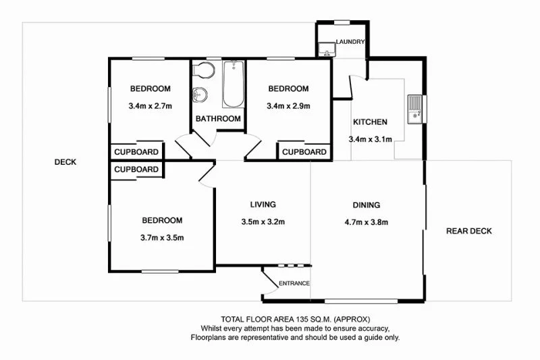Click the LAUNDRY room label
pyautogui.click(x=350, y=42)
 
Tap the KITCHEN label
pyautogui.click(x=370, y=122)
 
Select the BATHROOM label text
pyautogui.click(x=218, y=119)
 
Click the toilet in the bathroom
pyautogui.click(x=205, y=70)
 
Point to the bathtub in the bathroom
pyautogui.click(x=233, y=84)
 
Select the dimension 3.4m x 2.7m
pyautogui.click(x=151, y=105)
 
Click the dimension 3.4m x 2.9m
pyautogui.click(x=288, y=105)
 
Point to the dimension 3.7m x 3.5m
pyautogui.click(x=162, y=237)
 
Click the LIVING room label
pyautogui.click(x=263, y=205)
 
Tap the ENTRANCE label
pyautogui.click(x=294, y=283)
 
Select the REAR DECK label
pyautogui.click(x=469, y=231)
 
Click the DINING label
pyautogui.click(x=367, y=205)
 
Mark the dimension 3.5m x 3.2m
pyautogui.click(x=263, y=222)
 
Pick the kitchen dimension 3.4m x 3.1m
pyautogui.click(x=370, y=139)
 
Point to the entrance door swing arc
pyautogui.click(x=267, y=279)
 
